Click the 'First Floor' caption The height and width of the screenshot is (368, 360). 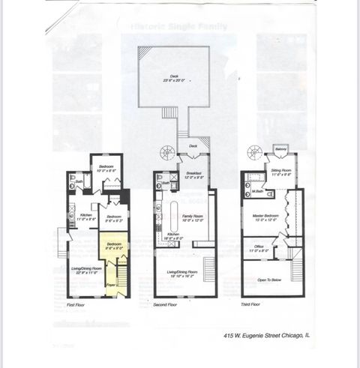click(76, 305)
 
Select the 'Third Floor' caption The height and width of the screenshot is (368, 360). click(250, 305)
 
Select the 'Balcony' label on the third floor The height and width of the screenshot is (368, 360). click(282, 150)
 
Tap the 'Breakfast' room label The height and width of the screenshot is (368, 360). click(194, 175)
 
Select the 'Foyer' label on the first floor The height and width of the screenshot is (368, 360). click(110, 286)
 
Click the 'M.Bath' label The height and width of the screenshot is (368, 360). click(257, 192)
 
